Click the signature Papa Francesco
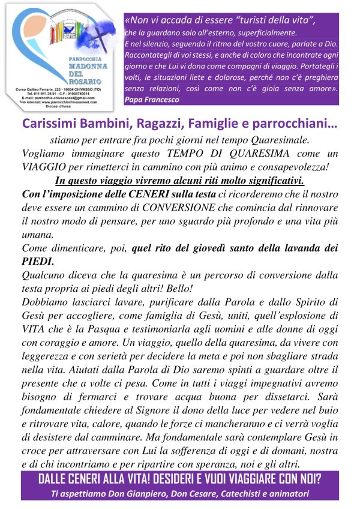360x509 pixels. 153,100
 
